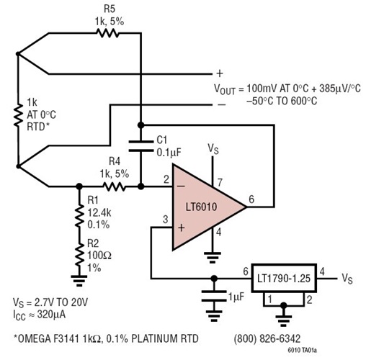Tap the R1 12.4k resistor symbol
(78, 213)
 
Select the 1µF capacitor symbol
(213, 293)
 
